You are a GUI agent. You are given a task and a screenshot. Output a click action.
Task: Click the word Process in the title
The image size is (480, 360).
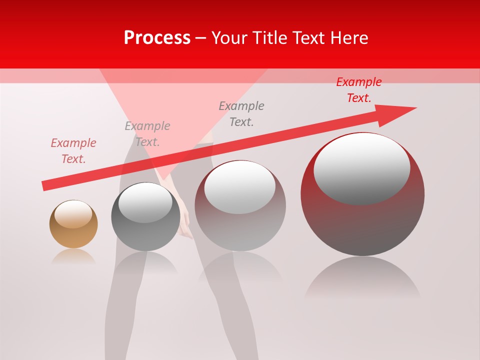pyautogui.click(x=157, y=38)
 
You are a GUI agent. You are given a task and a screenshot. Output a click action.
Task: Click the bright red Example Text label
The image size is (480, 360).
pyautogui.click(x=359, y=90)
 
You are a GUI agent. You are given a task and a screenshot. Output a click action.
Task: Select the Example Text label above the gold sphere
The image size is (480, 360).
pyautogui.click(x=73, y=151)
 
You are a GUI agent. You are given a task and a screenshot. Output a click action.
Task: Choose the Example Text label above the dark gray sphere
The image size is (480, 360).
pyautogui.click(x=147, y=134)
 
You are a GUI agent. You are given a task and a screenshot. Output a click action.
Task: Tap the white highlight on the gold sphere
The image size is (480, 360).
pyautogui.click(x=73, y=214)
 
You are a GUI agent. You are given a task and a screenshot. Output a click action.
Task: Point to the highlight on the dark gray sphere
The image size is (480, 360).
pyautogui.click(x=145, y=202)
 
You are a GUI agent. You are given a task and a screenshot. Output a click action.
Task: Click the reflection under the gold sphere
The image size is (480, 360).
pyautogui.click(x=73, y=256)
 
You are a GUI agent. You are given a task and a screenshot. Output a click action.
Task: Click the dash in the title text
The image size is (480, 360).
pyautogui.click(x=201, y=38)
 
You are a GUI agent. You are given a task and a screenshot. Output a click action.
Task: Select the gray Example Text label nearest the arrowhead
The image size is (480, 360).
pyautogui.click(x=241, y=114)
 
